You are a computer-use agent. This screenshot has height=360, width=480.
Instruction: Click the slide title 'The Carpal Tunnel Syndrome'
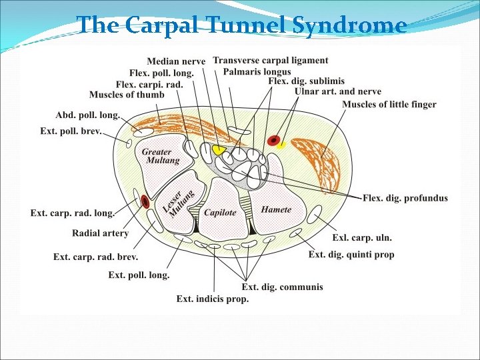pyautogui.click(x=241, y=25)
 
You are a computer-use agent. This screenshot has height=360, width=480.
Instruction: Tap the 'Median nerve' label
pyautogui.click(x=176, y=61)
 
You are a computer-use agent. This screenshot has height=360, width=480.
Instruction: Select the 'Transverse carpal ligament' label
pyautogui.click(x=271, y=60)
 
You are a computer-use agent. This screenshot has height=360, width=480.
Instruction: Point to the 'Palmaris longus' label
pyautogui.click(x=257, y=71)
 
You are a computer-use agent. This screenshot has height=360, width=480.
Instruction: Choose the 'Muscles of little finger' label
pyautogui.click(x=389, y=104)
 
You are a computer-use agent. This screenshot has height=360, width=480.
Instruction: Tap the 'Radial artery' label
pyautogui.click(x=101, y=233)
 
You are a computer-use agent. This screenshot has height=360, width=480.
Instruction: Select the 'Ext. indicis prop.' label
pyautogui.click(x=213, y=299)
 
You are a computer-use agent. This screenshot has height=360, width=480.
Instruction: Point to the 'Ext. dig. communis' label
pyautogui.click(x=282, y=287)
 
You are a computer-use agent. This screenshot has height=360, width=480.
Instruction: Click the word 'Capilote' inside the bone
pyautogui.click(x=220, y=213)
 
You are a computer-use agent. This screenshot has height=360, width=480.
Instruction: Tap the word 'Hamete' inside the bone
pyautogui.click(x=276, y=209)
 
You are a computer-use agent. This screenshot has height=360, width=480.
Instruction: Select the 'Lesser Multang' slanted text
pyautogui.click(x=178, y=203)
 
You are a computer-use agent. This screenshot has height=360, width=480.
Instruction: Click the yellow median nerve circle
pyautogui.click(x=218, y=150)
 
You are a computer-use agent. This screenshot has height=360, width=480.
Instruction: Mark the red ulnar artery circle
pyautogui.click(x=273, y=141)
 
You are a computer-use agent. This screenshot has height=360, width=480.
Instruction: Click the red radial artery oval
pyautogui.click(x=145, y=201)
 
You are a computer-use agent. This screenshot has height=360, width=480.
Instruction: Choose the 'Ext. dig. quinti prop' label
pyautogui.click(x=351, y=255)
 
